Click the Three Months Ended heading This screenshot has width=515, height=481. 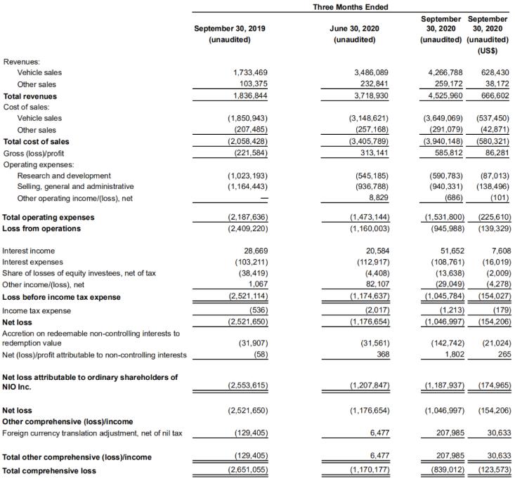coord(351,7)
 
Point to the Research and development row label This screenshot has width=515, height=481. coord(64,175)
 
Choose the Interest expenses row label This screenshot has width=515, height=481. coord(32,261)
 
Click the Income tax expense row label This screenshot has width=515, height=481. coord(37,310)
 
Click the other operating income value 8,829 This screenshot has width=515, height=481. coord(378,197)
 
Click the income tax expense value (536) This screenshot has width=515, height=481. coord(257,310)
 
